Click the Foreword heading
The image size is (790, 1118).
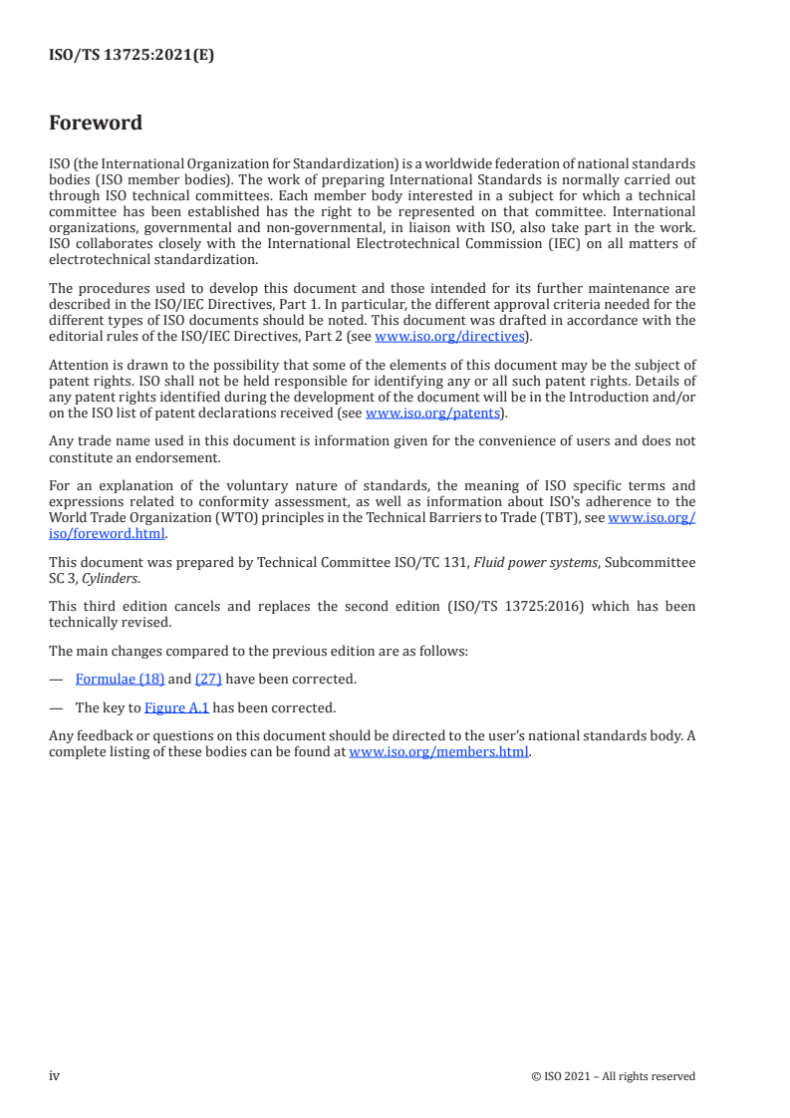[x=96, y=124]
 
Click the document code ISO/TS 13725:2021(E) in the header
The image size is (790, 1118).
[x=132, y=56]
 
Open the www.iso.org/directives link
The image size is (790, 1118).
[x=448, y=336]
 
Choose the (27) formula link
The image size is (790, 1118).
[x=208, y=679]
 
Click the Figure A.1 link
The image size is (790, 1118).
[x=176, y=708]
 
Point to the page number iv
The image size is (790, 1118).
[x=55, y=1075]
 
